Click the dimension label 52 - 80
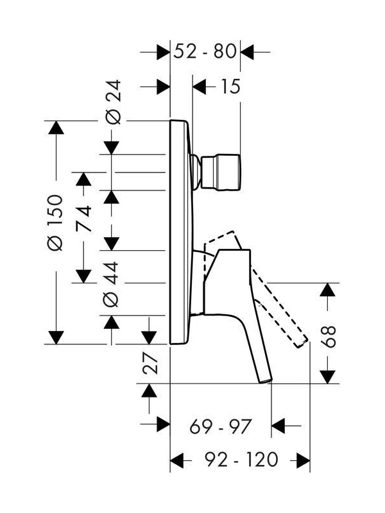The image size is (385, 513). (205, 51)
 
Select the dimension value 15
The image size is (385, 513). (230, 87)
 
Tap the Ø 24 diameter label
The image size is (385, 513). (113, 102)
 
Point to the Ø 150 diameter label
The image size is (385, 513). (55, 223)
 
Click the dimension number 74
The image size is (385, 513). (84, 218)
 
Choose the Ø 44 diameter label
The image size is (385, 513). (111, 284)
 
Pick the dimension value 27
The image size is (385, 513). (151, 363)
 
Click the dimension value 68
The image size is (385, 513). (329, 336)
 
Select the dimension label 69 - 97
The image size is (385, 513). (220, 426)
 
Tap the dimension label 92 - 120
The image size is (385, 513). (241, 459)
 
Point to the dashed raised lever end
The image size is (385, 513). (302, 342)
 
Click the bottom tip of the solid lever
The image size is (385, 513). (266, 380)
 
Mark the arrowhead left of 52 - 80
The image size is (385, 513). (164, 52)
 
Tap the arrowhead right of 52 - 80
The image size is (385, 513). (247, 52)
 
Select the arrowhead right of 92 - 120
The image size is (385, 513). (303, 460)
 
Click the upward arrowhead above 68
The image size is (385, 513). (328, 290)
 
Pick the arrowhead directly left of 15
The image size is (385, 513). (200, 87)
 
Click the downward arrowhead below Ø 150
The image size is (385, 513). (56, 337)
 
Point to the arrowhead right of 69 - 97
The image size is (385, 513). (278, 426)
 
